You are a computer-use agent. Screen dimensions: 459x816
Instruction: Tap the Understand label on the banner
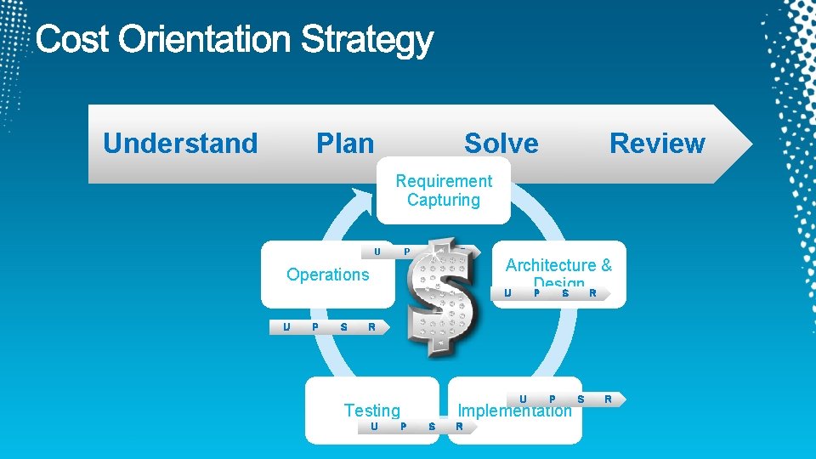click(x=180, y=144)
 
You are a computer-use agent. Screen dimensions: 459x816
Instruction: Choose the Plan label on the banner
click(x=345, y=144)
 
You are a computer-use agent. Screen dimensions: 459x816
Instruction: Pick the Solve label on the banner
click(x=501, y=144)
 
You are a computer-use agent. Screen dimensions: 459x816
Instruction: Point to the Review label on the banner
click(x=657, y=144)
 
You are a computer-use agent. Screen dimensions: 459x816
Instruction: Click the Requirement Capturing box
click(x=443, y=191)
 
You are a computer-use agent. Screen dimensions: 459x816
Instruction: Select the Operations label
click(x=328, y=275)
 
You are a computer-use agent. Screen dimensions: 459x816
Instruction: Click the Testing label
click(x=371, y=411)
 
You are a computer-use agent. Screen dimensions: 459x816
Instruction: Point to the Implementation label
click(x=514, y=411)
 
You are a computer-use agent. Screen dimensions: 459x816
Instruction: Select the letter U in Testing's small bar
click(x=374, y=426)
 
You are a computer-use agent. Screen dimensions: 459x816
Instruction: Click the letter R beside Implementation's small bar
click(x=608, y=398)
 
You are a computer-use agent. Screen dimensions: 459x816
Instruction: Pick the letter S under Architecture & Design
click(x=565, y=293)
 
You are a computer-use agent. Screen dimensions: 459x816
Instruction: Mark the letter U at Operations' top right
click(x=377, y=252)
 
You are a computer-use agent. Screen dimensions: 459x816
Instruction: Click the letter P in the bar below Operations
click(x=315, y=326)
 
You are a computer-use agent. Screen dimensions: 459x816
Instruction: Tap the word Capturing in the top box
click(x=443, y=201)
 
